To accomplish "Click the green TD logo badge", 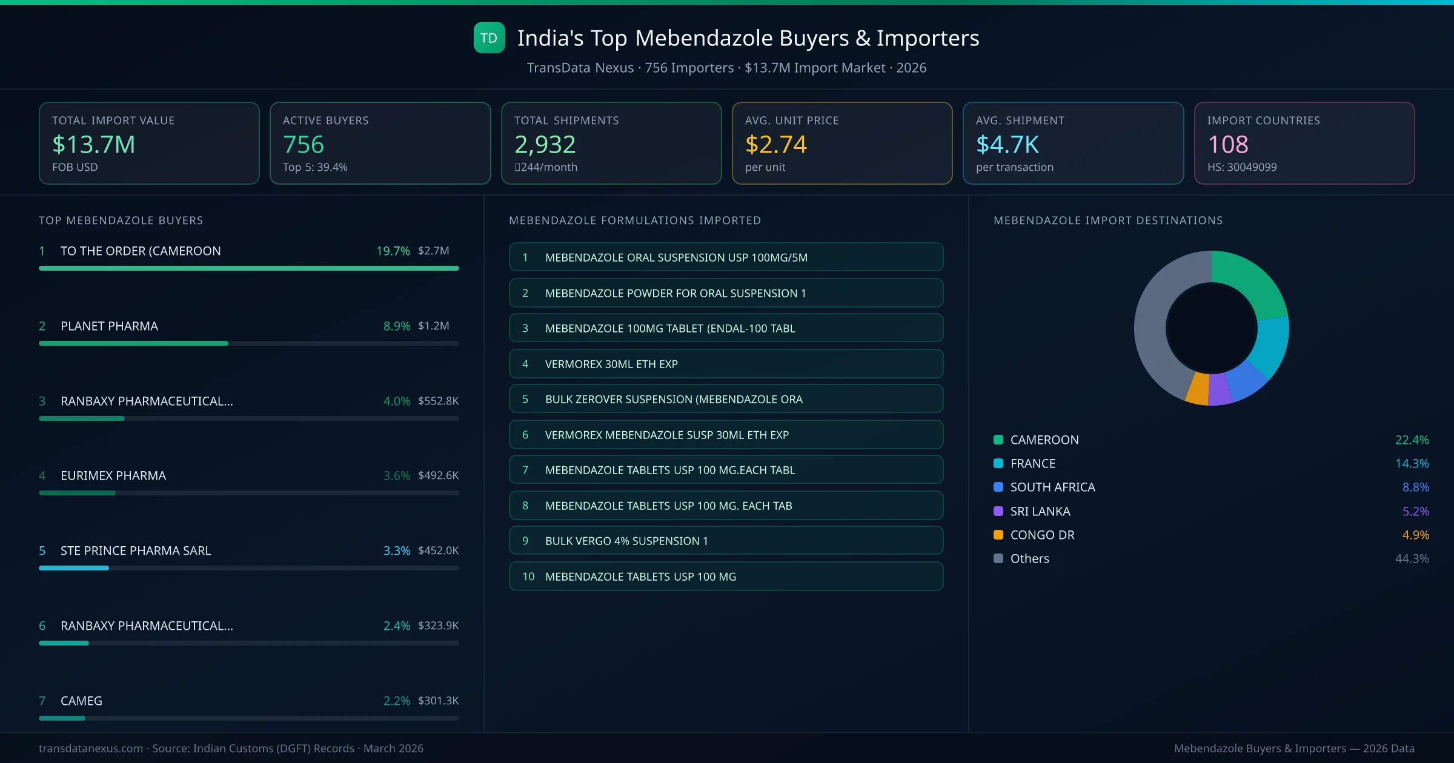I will click(489, 38).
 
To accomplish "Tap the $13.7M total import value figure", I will click(93, 145).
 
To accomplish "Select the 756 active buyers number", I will click(304, 145).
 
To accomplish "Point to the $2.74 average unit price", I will click(775, 145).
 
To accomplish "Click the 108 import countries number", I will click(1228, 145).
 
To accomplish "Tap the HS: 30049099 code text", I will click(1242, 167).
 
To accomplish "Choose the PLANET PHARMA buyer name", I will click(109, 326).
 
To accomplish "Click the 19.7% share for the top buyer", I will click(393, 251).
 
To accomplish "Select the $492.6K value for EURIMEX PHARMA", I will click(438, 475).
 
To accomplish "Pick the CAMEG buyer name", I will click(81, 701).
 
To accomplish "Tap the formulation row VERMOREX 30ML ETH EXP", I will click(726, 364).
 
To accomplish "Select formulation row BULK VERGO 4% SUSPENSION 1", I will click(726, 541).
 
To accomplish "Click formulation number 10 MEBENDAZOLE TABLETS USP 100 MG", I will click(726, 576).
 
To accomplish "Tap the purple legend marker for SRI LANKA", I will click(998, 511).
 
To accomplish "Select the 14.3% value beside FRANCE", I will click(1412, 463).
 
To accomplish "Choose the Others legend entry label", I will click(1029, 558).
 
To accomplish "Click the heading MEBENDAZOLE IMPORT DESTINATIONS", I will click(1108, 220).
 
